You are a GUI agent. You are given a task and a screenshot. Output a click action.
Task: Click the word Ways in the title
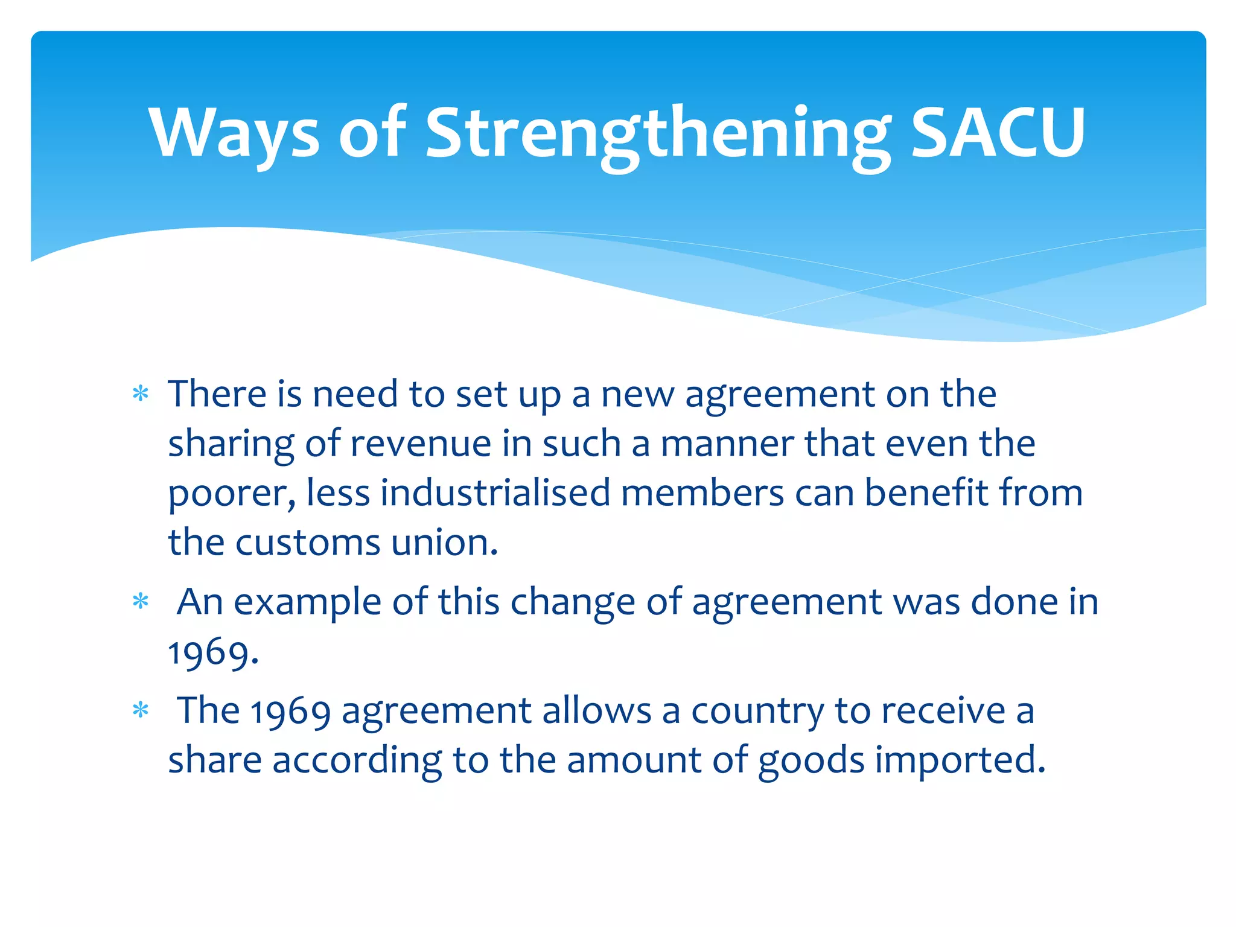[x=234, y=133]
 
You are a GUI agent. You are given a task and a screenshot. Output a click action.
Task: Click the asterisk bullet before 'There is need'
[x=141, y=395]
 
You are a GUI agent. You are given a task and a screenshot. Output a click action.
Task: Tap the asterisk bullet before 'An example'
[x=141, y=602]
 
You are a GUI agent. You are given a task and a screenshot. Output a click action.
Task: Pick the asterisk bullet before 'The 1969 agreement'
[x=141, y=710]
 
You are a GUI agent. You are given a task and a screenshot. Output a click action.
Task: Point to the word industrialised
[x=495, y=492]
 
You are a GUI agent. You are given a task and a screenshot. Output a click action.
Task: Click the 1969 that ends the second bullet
[x=208, y=652]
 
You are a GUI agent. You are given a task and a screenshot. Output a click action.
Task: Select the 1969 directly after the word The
[x=290, y=711]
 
